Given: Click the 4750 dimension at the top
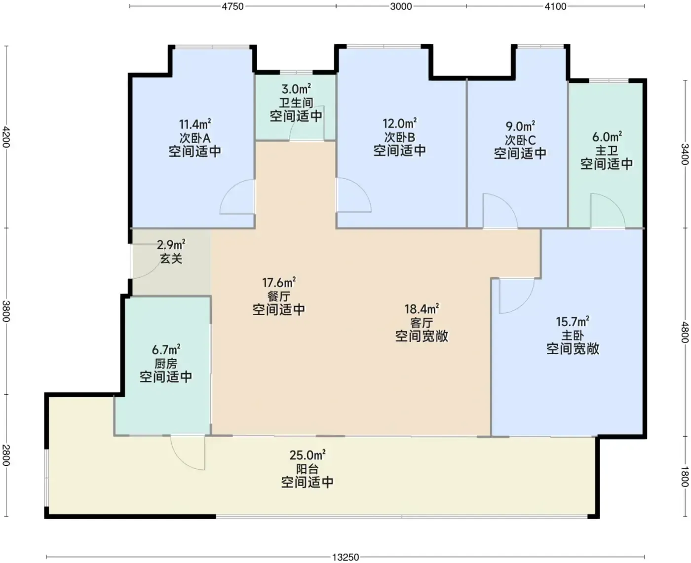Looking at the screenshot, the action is point(232,6).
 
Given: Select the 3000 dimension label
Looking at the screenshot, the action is point(401,6).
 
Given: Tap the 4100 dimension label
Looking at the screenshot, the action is point(555,6).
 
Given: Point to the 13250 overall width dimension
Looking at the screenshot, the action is point(345,557).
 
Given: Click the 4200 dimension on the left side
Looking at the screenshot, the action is point(6,137).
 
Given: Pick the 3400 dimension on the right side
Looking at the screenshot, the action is point(685,154).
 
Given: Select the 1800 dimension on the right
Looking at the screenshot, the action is point(685,477).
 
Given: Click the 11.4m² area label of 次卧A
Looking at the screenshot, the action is point(195,124).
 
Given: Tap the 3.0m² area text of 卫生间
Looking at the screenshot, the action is point(296,88).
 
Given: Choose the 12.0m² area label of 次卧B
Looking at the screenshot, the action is point(400,123).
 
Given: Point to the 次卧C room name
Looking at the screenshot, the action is point(520,140).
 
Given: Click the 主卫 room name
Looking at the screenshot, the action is point(607,151).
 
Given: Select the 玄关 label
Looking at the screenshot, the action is point(171,259).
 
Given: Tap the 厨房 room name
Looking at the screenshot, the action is point(166,364).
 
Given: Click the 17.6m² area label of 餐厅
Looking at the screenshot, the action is point(279,282).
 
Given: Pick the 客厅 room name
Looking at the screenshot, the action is point(422,323).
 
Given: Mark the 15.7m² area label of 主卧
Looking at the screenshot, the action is point(573,322).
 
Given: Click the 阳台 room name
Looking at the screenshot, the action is point(307,469).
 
